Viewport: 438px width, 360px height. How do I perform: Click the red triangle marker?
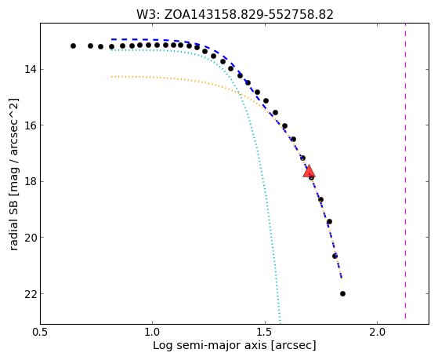(x=309, y=172)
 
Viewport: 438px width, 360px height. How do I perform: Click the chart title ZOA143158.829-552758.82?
(x=248, y=15)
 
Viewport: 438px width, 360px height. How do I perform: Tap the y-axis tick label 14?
(x=30, y=69)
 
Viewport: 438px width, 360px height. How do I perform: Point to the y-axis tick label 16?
(x=30, y=125)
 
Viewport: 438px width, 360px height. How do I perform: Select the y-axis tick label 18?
(x=30, y=181)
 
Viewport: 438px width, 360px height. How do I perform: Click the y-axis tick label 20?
(x=30, y=238)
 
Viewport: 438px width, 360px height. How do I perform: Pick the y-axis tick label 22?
(x=30, y=294)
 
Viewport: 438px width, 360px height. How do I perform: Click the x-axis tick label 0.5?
(x=40, y=332)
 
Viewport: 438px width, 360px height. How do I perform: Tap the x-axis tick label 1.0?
(x=152, y=332)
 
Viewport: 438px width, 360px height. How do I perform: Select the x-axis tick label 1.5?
(x=265, y=332)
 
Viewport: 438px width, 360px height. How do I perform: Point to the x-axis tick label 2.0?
(x=378, y=332)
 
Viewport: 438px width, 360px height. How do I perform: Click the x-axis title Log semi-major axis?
(x=209, y=346)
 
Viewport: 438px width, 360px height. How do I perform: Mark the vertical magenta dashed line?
(x=405, y=171)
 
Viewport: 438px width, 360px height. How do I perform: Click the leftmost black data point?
(x=73, y=45)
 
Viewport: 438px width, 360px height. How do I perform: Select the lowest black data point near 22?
(x=342, y=293)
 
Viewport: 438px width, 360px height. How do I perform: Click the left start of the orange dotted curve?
(x=112, y=76)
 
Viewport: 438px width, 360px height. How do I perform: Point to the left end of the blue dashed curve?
(x=112, y=39)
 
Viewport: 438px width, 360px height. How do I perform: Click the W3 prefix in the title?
(x=147, y=15)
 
